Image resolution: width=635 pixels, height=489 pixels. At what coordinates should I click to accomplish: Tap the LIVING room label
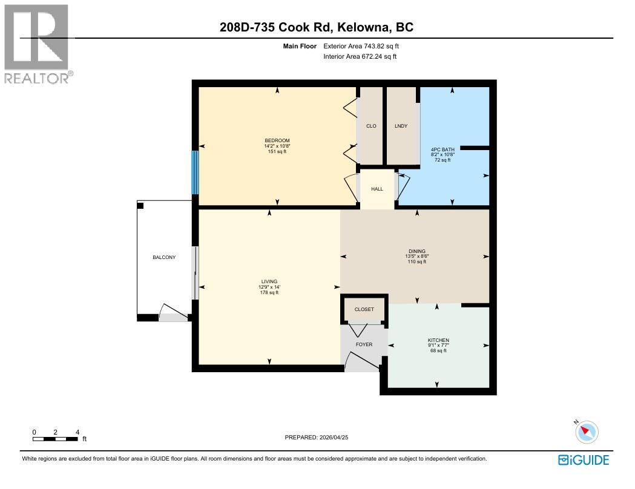click(x=269, y=281)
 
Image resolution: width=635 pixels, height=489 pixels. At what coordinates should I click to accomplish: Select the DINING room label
click(x=416, y=251)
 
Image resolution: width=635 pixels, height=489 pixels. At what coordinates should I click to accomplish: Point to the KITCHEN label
click(x=438, y=341)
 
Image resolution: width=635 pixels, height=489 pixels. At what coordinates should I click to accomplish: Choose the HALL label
click(x=377, y=189)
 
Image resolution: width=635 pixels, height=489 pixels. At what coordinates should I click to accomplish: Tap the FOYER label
click(x=364, y=344)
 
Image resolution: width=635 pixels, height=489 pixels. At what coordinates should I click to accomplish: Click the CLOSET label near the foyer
click(x=364, y=309)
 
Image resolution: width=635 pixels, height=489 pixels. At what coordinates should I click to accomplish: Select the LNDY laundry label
click(x=401, y=126)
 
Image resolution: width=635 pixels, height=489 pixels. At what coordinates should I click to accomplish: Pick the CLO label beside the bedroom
click(x=371, y=126)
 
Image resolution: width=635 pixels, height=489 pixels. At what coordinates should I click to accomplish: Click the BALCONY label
click(x=164, y=257)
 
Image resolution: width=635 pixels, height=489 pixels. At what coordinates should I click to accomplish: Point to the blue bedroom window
click(x=195, y=172)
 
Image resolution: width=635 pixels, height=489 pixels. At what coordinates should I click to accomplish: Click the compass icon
click(x=585, y=432)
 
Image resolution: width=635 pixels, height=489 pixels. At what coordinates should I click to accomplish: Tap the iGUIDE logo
click(x=584, y=461)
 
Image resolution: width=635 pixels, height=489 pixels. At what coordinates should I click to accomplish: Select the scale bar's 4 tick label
click(x=77, y=432)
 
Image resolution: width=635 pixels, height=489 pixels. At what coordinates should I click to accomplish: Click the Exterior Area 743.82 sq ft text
click(x=361, y=46)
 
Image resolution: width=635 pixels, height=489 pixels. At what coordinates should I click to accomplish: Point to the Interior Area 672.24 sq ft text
click(x=360, y=57)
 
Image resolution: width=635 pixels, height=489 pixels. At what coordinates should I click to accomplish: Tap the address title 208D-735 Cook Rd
click(x=317, y=27)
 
